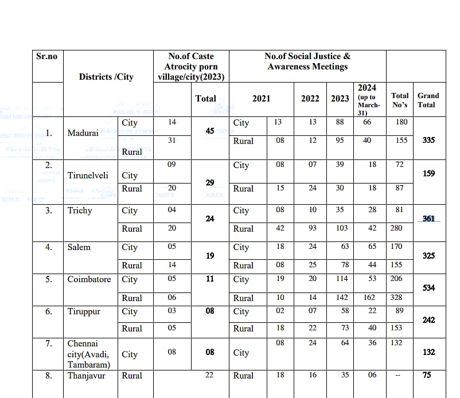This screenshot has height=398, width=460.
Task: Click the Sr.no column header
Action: click(x=47, y=56)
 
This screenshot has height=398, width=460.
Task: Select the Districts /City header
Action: click(x=106, y=76)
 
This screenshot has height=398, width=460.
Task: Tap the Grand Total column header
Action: click(x=428, y=100)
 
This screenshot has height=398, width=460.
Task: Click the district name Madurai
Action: click(x=83, y=133)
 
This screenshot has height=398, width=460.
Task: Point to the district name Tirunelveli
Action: click(x=88, y=175)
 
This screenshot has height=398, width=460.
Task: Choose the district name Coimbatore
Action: click(x=89, y=279)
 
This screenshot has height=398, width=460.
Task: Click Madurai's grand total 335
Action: click(x=428, y=140)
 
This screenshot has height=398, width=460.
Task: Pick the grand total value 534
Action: click(x=428, y=288)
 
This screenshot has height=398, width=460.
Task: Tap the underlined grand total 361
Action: click(x=428, y=218)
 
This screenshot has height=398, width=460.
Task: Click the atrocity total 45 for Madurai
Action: click(x=210, y=131)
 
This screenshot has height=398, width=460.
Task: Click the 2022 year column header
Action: click(x=310, y=99)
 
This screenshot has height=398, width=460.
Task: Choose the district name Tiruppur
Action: click(x=84, y=311)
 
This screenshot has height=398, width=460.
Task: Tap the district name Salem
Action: click(x=80, y=247)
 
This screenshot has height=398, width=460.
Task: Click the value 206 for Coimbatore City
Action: click(x=400, y=279)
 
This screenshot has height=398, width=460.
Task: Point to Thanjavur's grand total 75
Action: click(x=428, y=375)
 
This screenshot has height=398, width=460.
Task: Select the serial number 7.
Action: click(x=49, y=344)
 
